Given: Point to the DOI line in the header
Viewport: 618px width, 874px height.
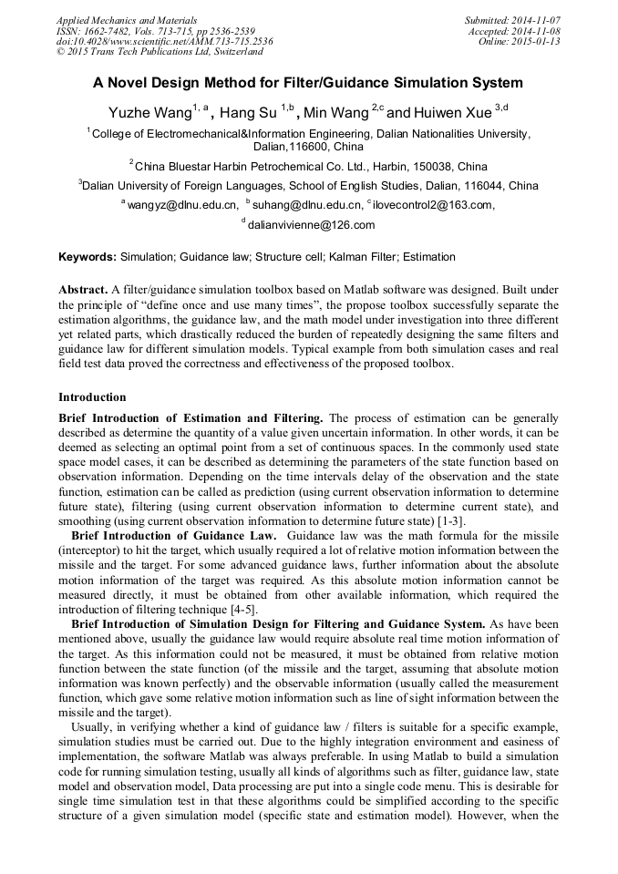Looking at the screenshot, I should [x=164, y=41].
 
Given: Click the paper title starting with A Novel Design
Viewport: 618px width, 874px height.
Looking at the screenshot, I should [x=308, y=83].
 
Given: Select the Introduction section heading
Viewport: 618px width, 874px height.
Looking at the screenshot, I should [x=92, y=397].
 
